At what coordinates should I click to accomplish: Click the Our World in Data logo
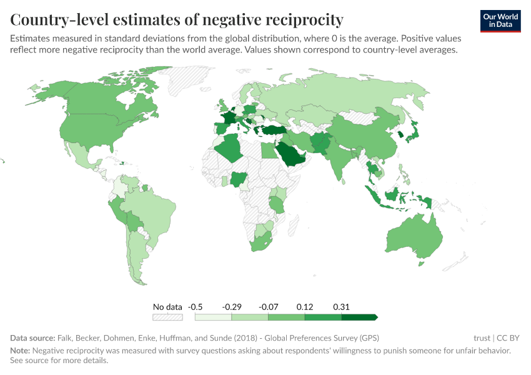coord(500,21)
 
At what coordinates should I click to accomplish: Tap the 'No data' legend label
coord(167,307)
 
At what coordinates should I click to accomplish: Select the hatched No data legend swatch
coord(167,317)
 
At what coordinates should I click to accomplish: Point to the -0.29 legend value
coord(232,307)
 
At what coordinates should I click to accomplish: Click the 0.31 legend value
coord(341,307)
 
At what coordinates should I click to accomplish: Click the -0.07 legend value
coord(268,307)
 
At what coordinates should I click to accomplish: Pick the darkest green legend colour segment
coord(359,317)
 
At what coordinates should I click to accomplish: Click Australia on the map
coord(414,241)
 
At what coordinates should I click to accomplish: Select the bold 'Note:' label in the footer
coord(21,351)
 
